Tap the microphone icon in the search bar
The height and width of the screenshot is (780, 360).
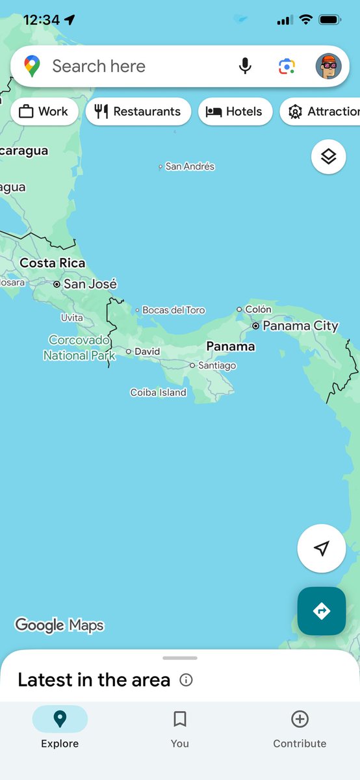[245, 66]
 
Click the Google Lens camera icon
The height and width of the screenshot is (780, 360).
[287, 66]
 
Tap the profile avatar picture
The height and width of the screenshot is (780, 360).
[328, 66]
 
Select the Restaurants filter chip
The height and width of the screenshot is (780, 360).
[138, 111]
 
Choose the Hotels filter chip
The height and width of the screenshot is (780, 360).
[235, 111]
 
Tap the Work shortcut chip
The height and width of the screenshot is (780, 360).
[44, 111]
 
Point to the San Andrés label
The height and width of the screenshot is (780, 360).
[189, 166]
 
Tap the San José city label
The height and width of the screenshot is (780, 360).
[90, 284]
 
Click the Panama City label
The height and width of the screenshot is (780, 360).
[300, 326]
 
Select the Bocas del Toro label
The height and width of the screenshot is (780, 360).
[173, 310]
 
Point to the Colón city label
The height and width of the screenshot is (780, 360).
[258, 309]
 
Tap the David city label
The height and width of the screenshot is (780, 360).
[147, 352]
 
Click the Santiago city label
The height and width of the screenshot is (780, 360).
[217, 365]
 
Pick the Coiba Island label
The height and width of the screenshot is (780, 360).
[158, 393]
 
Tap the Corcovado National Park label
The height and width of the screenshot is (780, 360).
[79, 348]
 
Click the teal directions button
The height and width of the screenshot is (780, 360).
[322, 611]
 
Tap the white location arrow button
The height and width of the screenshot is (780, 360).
[322, 549]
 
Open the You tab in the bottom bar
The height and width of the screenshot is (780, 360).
[180, 728]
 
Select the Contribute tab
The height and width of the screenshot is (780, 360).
[300, 728]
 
